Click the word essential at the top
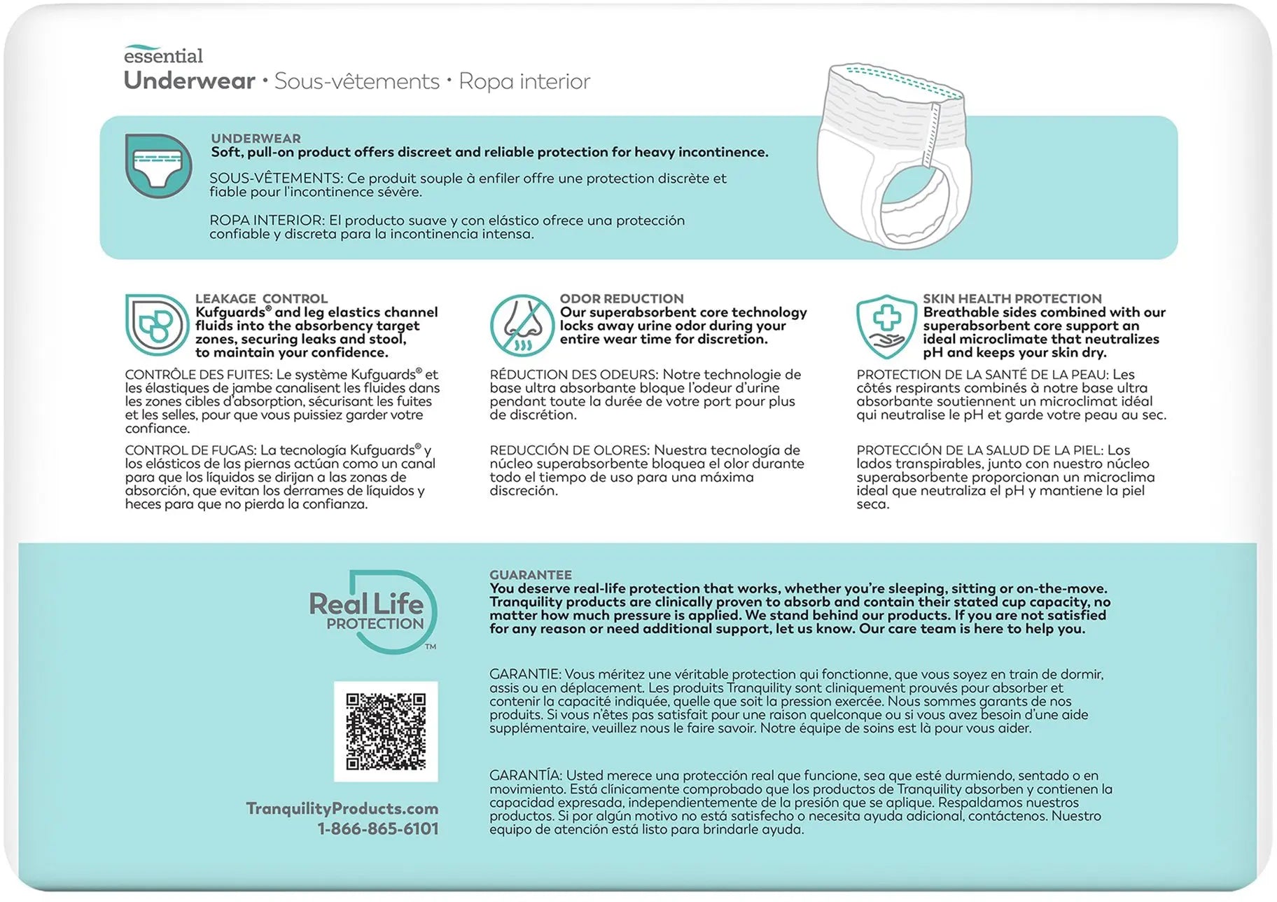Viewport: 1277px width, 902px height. click(x=163, y=55)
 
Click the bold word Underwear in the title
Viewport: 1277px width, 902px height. click(x=189, y=81)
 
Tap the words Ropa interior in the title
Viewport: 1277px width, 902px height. click(x=524, y=81)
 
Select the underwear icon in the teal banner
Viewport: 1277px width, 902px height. click(x=158, y=165)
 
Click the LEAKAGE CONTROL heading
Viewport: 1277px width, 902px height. click(x=261, y=298)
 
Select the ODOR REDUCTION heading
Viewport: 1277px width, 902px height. click(x=622, y=298)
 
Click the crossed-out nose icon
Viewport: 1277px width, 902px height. click(x=522, y=326)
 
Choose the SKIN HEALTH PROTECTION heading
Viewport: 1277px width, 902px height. click(x=1012, y=298)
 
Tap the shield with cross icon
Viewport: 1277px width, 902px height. click(x=886, y=326)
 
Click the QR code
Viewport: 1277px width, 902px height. click(x=386, y=731)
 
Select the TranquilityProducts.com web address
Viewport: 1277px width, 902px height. click(x=342, y=808)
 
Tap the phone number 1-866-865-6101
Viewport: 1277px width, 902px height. click(x=378, y=828)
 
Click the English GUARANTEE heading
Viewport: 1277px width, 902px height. click(x=531, y=575)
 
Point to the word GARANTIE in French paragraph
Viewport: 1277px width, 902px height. click(x=524, y=674)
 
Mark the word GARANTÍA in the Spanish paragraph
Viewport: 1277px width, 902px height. click(x=525, y=775)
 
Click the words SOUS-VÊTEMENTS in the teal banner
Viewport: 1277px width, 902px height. click(x=276, y=179)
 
